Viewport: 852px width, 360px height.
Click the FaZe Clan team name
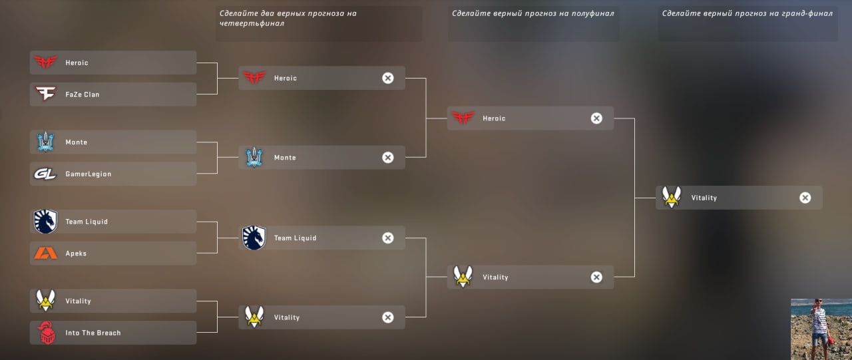(82, 94)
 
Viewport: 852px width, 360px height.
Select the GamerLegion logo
(45, 174)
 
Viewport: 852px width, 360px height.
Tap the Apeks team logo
(45, 254)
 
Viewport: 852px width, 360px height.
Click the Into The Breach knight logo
(46, 333)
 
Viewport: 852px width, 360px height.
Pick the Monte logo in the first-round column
(45, 142)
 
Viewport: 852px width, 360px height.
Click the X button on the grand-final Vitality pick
(805, 198)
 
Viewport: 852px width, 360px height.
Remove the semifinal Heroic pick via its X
(596, 118)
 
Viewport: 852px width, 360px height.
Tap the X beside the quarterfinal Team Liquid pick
(388, 238)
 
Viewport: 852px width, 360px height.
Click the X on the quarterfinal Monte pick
(388, 158)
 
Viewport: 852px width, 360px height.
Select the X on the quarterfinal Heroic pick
(388, 79)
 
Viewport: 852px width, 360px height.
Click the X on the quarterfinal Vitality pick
(388, 317)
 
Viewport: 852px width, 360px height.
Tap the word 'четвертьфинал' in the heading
(252, 23)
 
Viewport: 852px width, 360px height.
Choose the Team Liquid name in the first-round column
(87, 222)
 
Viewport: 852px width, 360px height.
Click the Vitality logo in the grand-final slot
(671, 198)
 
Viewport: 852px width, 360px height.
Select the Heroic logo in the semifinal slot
(463, 118)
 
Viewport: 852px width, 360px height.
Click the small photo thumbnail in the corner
(821, 329)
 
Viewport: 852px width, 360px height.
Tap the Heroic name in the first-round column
(77, 63)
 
